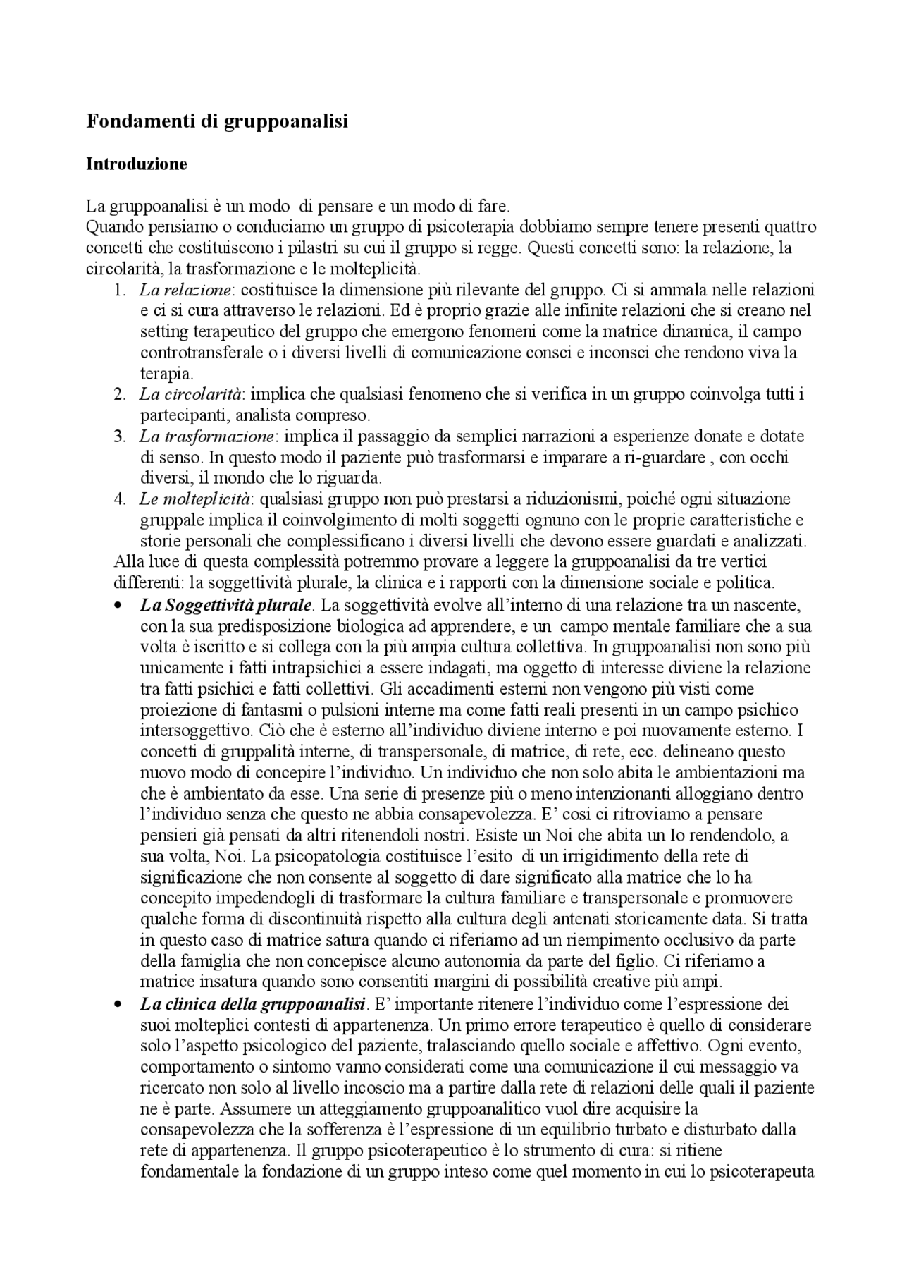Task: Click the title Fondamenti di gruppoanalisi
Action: pos(217,121)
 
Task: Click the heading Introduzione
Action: pos(137,164)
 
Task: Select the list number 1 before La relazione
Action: pos(119,290)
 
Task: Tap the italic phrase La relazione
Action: pos(185,290)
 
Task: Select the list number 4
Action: pos(119,499)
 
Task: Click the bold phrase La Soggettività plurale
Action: pos(226,605)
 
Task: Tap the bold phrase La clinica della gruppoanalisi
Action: pos(253,1003)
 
